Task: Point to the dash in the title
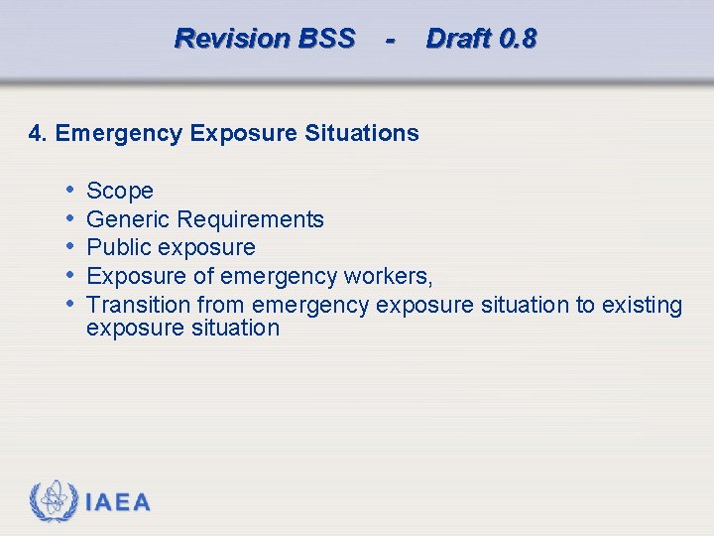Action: click(x=391, y=40)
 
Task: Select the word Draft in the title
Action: click(x=458, y=39)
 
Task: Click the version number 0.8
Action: click(x=518, y=39)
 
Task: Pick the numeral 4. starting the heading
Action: click(x=39, y=133)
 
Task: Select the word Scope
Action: click(x=120, y=191)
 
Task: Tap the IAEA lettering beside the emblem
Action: click(x=118, y=502)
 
